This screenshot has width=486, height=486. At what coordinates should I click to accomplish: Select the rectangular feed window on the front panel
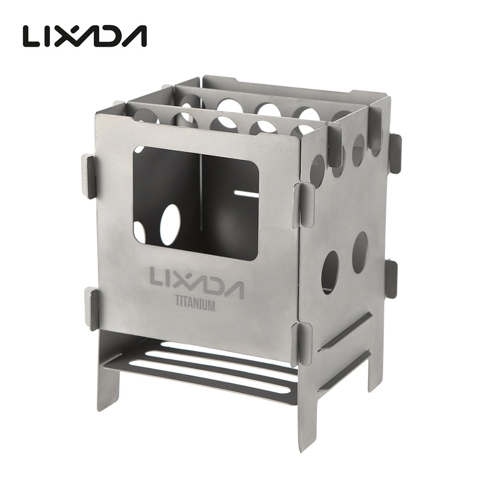pos(195,203)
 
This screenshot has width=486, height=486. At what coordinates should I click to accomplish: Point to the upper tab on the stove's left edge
pos(88,176)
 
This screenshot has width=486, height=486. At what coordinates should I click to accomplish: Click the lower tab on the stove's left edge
pos(91,309)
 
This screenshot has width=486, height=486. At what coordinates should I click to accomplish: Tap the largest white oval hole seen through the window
pos(170,225)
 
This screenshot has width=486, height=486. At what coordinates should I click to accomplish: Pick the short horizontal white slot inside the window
pos(246,193)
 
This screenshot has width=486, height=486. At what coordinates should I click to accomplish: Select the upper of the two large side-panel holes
pos(360,252)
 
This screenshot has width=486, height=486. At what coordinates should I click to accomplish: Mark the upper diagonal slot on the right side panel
pos(346,331)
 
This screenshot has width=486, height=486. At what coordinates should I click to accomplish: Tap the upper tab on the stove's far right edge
pos(395,153)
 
